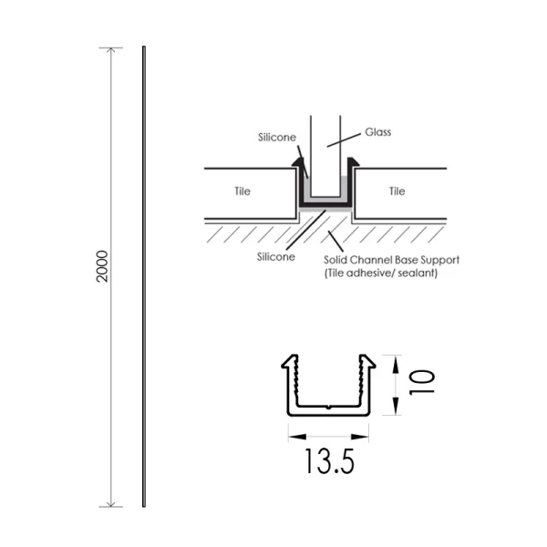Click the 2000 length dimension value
tap(102, 265)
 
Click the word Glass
tap(377, 132)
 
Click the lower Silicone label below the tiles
tap(276, 258)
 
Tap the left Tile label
tap(242, 191)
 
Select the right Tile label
tap(397, 191)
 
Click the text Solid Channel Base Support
tap(392, 260)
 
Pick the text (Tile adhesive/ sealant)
tap(381, 273)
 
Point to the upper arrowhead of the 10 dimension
tap(396, 360)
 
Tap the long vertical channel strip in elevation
tap(143, 273)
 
